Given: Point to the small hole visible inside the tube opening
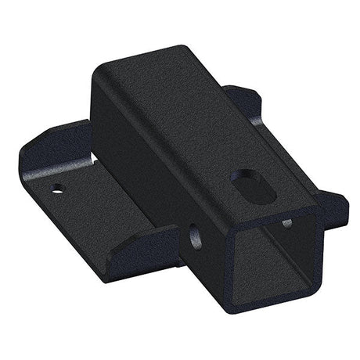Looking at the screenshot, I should [286, 222].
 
